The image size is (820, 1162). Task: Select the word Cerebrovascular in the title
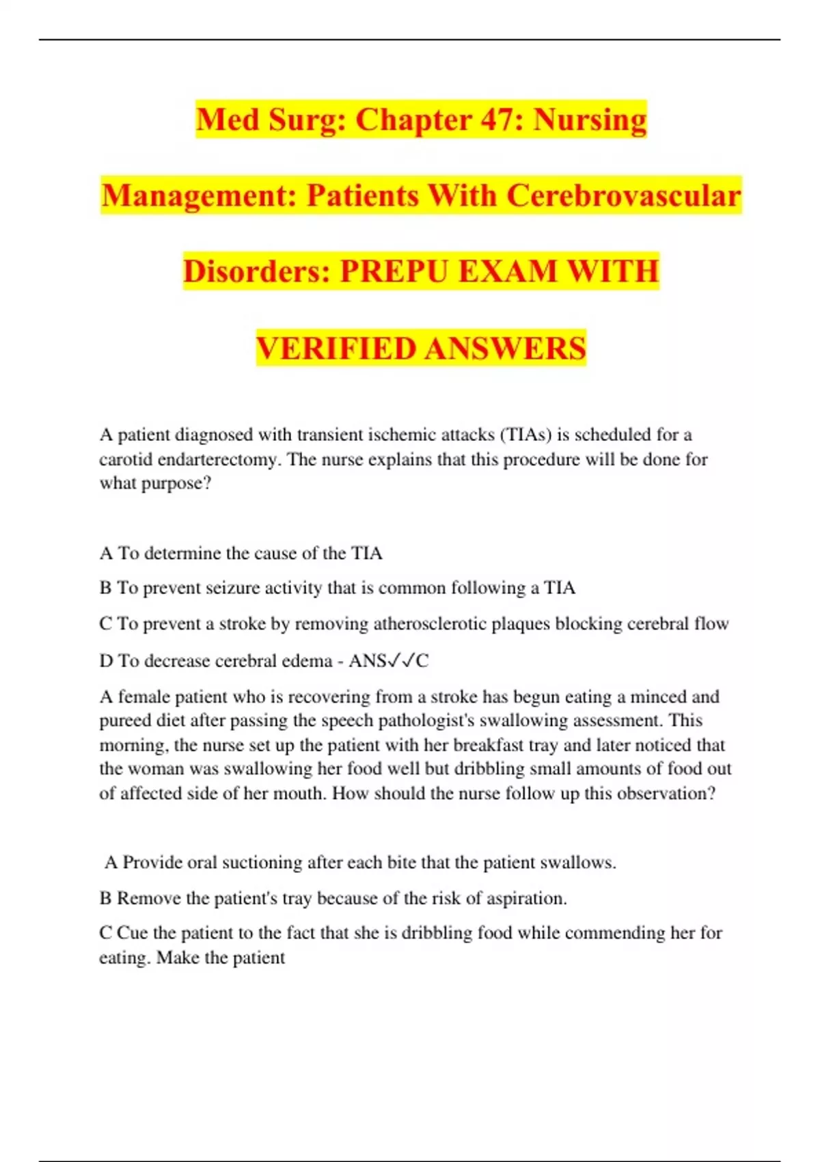pyautogui.click(x=623, y=196)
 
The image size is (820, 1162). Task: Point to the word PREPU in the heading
pyautogui.click(x=394, y=271)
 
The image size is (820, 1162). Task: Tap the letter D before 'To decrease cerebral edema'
pyautogui.click(x=106, y=661)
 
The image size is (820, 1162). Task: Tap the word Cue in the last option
pyautogui.click(x=133, y=934)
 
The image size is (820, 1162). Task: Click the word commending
pyautogui.click(x=614, y=934)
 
